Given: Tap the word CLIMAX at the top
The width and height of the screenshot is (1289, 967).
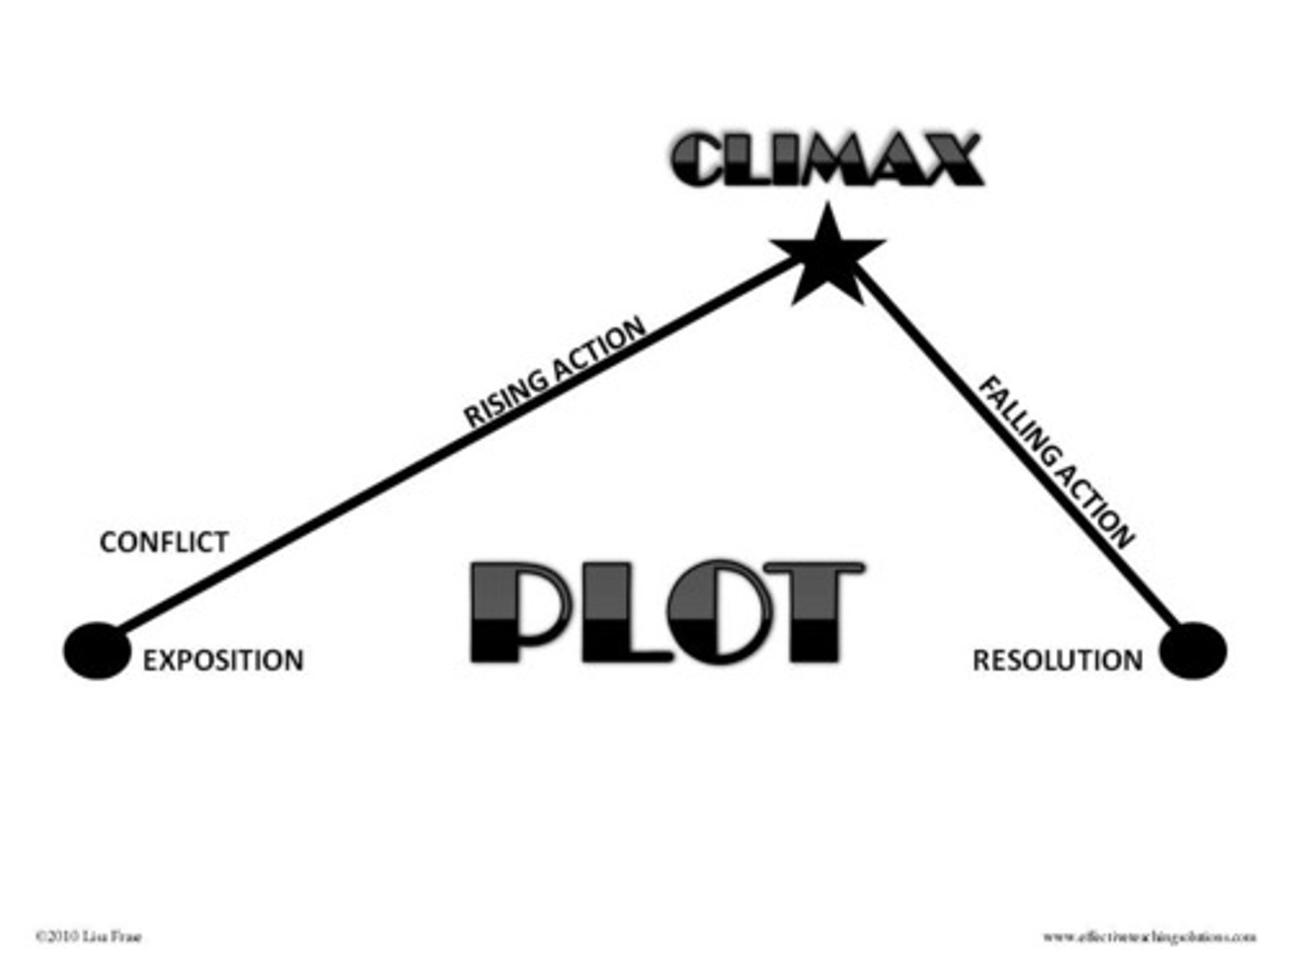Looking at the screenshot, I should [x=826, y=161].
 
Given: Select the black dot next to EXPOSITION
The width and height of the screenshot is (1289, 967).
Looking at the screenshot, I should [x=97, y=650].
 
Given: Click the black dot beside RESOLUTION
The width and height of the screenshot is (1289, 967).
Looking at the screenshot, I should [x=1192, y=650].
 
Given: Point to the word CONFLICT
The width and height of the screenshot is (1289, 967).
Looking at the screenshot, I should [x=164, y=542].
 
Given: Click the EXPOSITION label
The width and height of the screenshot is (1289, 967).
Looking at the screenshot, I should [x=223, y=661].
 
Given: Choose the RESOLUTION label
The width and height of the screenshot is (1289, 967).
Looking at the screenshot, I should [x=1057, y=661].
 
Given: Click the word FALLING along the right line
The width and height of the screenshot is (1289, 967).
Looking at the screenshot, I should [x=1019, y=420].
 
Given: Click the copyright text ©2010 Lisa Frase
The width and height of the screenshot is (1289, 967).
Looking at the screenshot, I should [x=88, y=937].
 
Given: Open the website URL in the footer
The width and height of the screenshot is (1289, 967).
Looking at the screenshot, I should [x=1148, y=937].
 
